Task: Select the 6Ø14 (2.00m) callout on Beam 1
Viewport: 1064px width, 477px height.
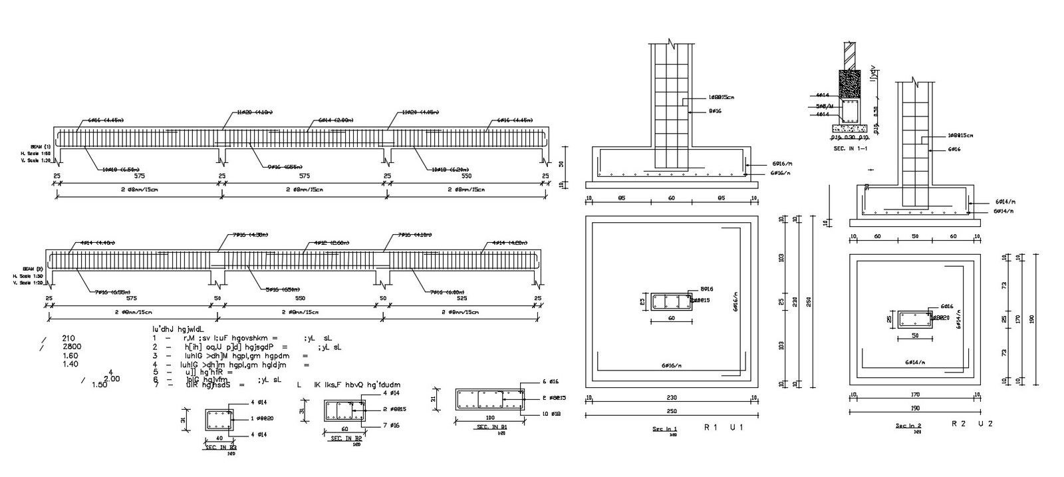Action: (x=331, y=120)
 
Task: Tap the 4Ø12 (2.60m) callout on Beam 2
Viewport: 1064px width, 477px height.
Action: (x=330, y=243)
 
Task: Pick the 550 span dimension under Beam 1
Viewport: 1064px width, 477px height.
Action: (x=466, y=176)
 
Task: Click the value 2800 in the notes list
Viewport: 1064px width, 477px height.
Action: (x=72, y=347)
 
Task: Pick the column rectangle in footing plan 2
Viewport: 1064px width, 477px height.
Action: (x=914, y=320)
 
